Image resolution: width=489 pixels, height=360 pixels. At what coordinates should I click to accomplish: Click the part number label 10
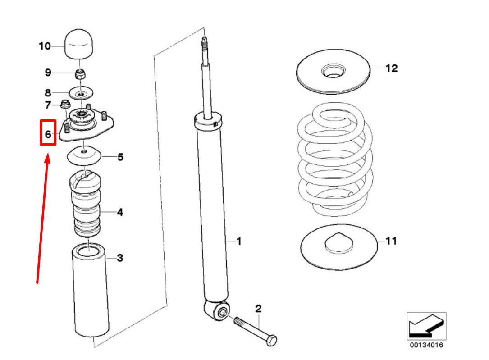(45, 46)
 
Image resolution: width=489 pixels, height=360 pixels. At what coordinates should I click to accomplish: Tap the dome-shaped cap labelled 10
(79, 44)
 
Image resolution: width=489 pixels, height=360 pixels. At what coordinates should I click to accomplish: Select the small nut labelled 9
(81, 74)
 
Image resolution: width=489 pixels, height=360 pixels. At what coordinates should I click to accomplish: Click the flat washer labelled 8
(81, 93)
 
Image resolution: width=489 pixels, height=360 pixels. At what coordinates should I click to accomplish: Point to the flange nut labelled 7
(65, 104)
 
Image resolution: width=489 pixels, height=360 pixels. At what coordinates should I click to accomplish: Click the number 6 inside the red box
(48, 134)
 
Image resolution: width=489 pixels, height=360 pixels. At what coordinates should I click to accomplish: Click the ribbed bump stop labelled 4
(85, 204)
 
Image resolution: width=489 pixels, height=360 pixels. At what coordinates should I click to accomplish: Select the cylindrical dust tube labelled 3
(90, 290)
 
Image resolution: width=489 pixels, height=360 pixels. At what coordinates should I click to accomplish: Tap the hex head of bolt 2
(271, 340)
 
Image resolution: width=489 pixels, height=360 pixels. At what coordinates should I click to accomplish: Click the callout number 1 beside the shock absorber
(239, 241)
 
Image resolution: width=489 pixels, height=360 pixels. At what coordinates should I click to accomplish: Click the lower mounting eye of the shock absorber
(221, 312)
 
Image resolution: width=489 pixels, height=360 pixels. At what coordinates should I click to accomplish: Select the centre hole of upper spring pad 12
(333, 71)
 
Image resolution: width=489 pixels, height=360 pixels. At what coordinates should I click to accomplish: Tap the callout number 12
(392, 68)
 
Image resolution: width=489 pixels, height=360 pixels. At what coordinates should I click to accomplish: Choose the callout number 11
(391, 241)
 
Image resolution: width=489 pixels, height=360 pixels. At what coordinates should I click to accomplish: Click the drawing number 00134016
(426, 345)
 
